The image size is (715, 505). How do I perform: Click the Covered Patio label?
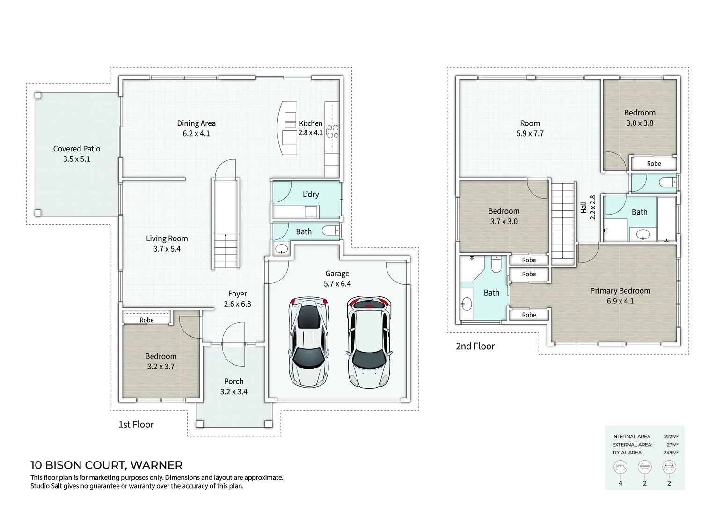[x=77, y=149]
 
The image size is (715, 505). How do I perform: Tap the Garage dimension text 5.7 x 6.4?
[x=337, y=284]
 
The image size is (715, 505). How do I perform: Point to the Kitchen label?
[x=311, y=123]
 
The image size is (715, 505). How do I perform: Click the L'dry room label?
[x=311, y=194]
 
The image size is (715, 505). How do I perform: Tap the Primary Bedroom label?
[x=620, y=291]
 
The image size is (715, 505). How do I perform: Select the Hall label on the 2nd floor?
[x=584, y=208]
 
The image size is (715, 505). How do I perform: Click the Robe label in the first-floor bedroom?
[x=146, y=320]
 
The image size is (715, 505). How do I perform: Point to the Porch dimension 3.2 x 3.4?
[x=233, y=392]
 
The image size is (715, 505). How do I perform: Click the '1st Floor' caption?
[x=136, y=425]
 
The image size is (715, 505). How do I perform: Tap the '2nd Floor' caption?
[x=475, y=346]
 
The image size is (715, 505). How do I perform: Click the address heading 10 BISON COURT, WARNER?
[x=106, y=465]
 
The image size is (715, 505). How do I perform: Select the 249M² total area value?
[x=671, y=453]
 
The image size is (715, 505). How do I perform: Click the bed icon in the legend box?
[x=620, y=467]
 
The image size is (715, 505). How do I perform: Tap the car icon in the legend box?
[x=669, y=467]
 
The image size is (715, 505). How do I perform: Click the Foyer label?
[x=237, y=294]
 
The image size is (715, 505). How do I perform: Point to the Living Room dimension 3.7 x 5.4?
[x=167, y=249]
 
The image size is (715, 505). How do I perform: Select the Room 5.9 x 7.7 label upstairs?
[x=530, y=123]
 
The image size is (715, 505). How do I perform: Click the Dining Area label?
[x=196, y=123]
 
